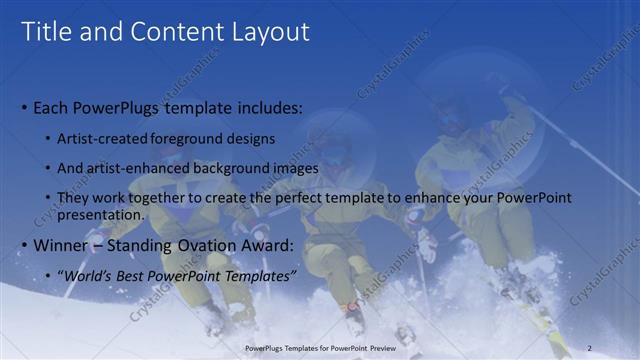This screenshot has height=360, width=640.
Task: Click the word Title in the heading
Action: pyautogui.click(x=45, y=32)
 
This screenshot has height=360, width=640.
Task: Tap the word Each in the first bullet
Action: pyautogui.click(x=51, y=107)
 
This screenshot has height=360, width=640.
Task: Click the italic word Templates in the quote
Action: pyautogui.click(x=261, y=275)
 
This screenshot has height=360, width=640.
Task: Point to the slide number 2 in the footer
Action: pyautogui.click(x=589, y=348)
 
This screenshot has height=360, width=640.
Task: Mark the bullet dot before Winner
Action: pyautogui.click(x=25, y=246)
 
